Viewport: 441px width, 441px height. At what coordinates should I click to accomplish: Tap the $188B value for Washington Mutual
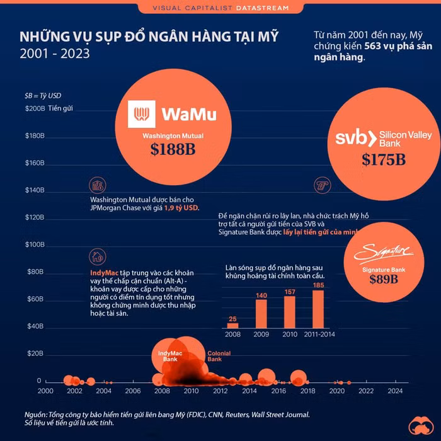tap(173, 149)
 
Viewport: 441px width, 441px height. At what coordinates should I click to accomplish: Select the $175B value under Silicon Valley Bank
tap(383, 159)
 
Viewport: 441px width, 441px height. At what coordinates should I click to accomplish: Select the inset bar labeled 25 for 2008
tap(233, 325)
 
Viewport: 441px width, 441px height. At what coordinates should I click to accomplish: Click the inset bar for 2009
tap(261, 314)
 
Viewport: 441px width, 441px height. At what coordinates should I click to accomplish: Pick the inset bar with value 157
tap(290, 312)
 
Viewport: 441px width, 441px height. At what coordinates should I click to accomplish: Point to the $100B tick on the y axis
tap(34, 244)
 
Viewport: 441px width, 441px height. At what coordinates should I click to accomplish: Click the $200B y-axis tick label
tap(34, 109)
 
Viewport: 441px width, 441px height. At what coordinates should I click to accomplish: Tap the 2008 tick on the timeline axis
tap(162, 391)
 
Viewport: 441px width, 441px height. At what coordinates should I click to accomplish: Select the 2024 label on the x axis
tap(395, 391)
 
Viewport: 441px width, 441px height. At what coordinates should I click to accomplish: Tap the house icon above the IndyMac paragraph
tap(98, 256)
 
